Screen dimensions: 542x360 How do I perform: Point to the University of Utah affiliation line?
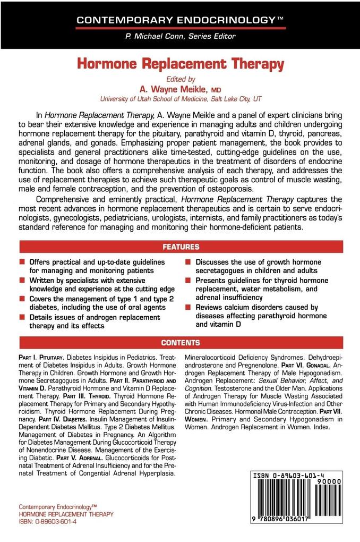tap(180, 99)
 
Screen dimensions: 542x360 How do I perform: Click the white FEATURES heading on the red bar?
tap(180, 247)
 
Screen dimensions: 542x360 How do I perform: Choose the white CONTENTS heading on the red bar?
tap(180, 343)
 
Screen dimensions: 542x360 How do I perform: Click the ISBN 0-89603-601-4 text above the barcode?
tap(290, 477)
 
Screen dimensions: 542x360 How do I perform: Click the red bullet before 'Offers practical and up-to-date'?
tap(22, 263)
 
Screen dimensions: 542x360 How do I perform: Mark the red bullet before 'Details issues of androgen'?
tap(22, 317)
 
